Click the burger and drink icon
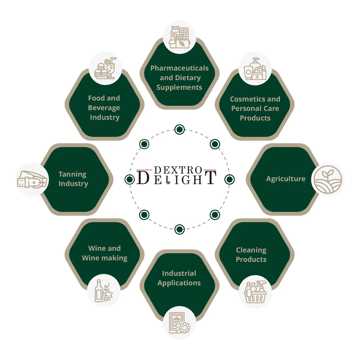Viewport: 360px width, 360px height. point(105,68)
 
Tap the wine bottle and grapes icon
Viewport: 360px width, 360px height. point(104,291)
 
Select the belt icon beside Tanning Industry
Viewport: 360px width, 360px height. point(32,179)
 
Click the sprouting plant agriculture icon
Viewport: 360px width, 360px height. point(328,179)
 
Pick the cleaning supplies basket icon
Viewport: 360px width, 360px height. point(255,292)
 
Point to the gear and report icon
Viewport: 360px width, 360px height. point(179,323)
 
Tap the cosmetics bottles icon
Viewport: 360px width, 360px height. point(255,69)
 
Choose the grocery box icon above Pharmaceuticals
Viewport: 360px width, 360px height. point(179,37)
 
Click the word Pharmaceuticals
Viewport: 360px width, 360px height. point(179,68)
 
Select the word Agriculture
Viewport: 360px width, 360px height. point(286,179)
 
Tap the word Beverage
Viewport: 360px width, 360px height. point(104,108)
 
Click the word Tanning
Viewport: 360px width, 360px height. point(73,174)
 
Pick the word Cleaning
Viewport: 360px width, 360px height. point(251,250)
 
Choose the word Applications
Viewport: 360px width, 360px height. point(179,283)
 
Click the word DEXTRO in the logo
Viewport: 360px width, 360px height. point(178,170)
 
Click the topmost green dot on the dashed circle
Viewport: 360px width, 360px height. point(179,129)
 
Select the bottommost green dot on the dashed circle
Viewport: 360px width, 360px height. point(179,229)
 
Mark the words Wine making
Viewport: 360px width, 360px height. point(105,258)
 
